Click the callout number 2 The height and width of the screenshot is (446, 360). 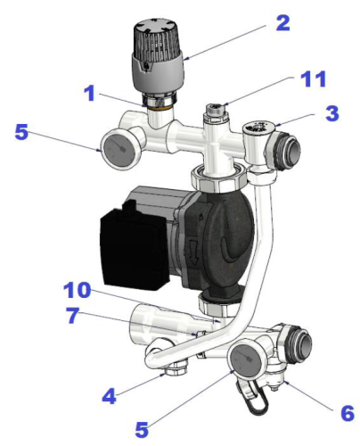pos(282,23)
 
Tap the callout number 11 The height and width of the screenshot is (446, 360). pos(314,79)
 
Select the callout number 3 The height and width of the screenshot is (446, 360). pos(332,113)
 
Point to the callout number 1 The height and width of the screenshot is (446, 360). pos(90,93)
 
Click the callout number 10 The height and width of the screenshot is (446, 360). pos(78,290)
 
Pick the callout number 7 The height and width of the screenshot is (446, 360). pos(73,315)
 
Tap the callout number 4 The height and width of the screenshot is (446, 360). pos(109,396)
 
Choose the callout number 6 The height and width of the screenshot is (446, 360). pos(348,413)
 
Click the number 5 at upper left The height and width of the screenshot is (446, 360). pos(21,132)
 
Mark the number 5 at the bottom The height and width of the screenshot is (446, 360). pos(142,429)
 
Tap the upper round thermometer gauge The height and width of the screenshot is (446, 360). pos(118,149)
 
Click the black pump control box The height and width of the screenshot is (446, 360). pos(134,248)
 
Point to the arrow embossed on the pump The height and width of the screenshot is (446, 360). pos(193,252)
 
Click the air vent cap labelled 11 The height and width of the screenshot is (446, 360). pos(213,110)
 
